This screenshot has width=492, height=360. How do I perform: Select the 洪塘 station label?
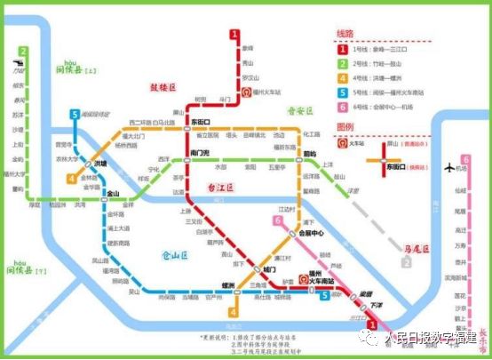[x=99, y=164]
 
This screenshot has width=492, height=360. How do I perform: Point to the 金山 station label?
[x=112, y=193]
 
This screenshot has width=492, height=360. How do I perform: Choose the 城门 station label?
[x=269, y=268]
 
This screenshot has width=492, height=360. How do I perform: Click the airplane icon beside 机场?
[x=463, y=166]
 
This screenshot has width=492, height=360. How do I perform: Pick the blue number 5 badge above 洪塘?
[x=75, y=115]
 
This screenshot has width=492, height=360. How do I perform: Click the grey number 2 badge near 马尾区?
[x=406, y=262]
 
